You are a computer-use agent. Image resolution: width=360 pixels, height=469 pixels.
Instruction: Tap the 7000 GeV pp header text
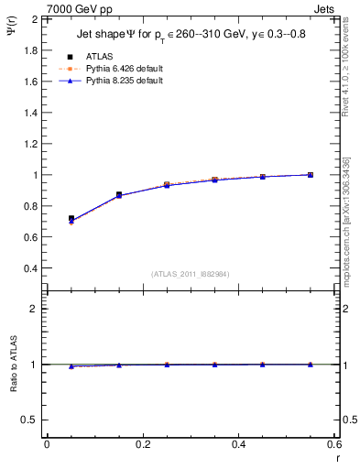[x=80, y=8]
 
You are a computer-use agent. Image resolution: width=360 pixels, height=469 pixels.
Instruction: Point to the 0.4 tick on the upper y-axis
[x=32, y=268]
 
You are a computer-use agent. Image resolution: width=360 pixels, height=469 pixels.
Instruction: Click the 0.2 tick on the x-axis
[x=142, y=444]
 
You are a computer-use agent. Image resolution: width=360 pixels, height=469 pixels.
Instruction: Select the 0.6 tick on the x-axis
[x=334, y=444]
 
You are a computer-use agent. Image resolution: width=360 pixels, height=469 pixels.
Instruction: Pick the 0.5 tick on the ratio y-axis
[x=32, y=420]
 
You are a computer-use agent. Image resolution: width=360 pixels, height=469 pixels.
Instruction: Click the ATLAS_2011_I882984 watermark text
[x=191, y=273]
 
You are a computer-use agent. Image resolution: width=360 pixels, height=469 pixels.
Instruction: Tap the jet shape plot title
[x=191, y=37]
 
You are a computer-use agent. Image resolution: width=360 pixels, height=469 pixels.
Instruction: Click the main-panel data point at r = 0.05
[x=71, y=219]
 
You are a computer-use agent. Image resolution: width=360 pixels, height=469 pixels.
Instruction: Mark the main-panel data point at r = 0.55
[x=311, y=174]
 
